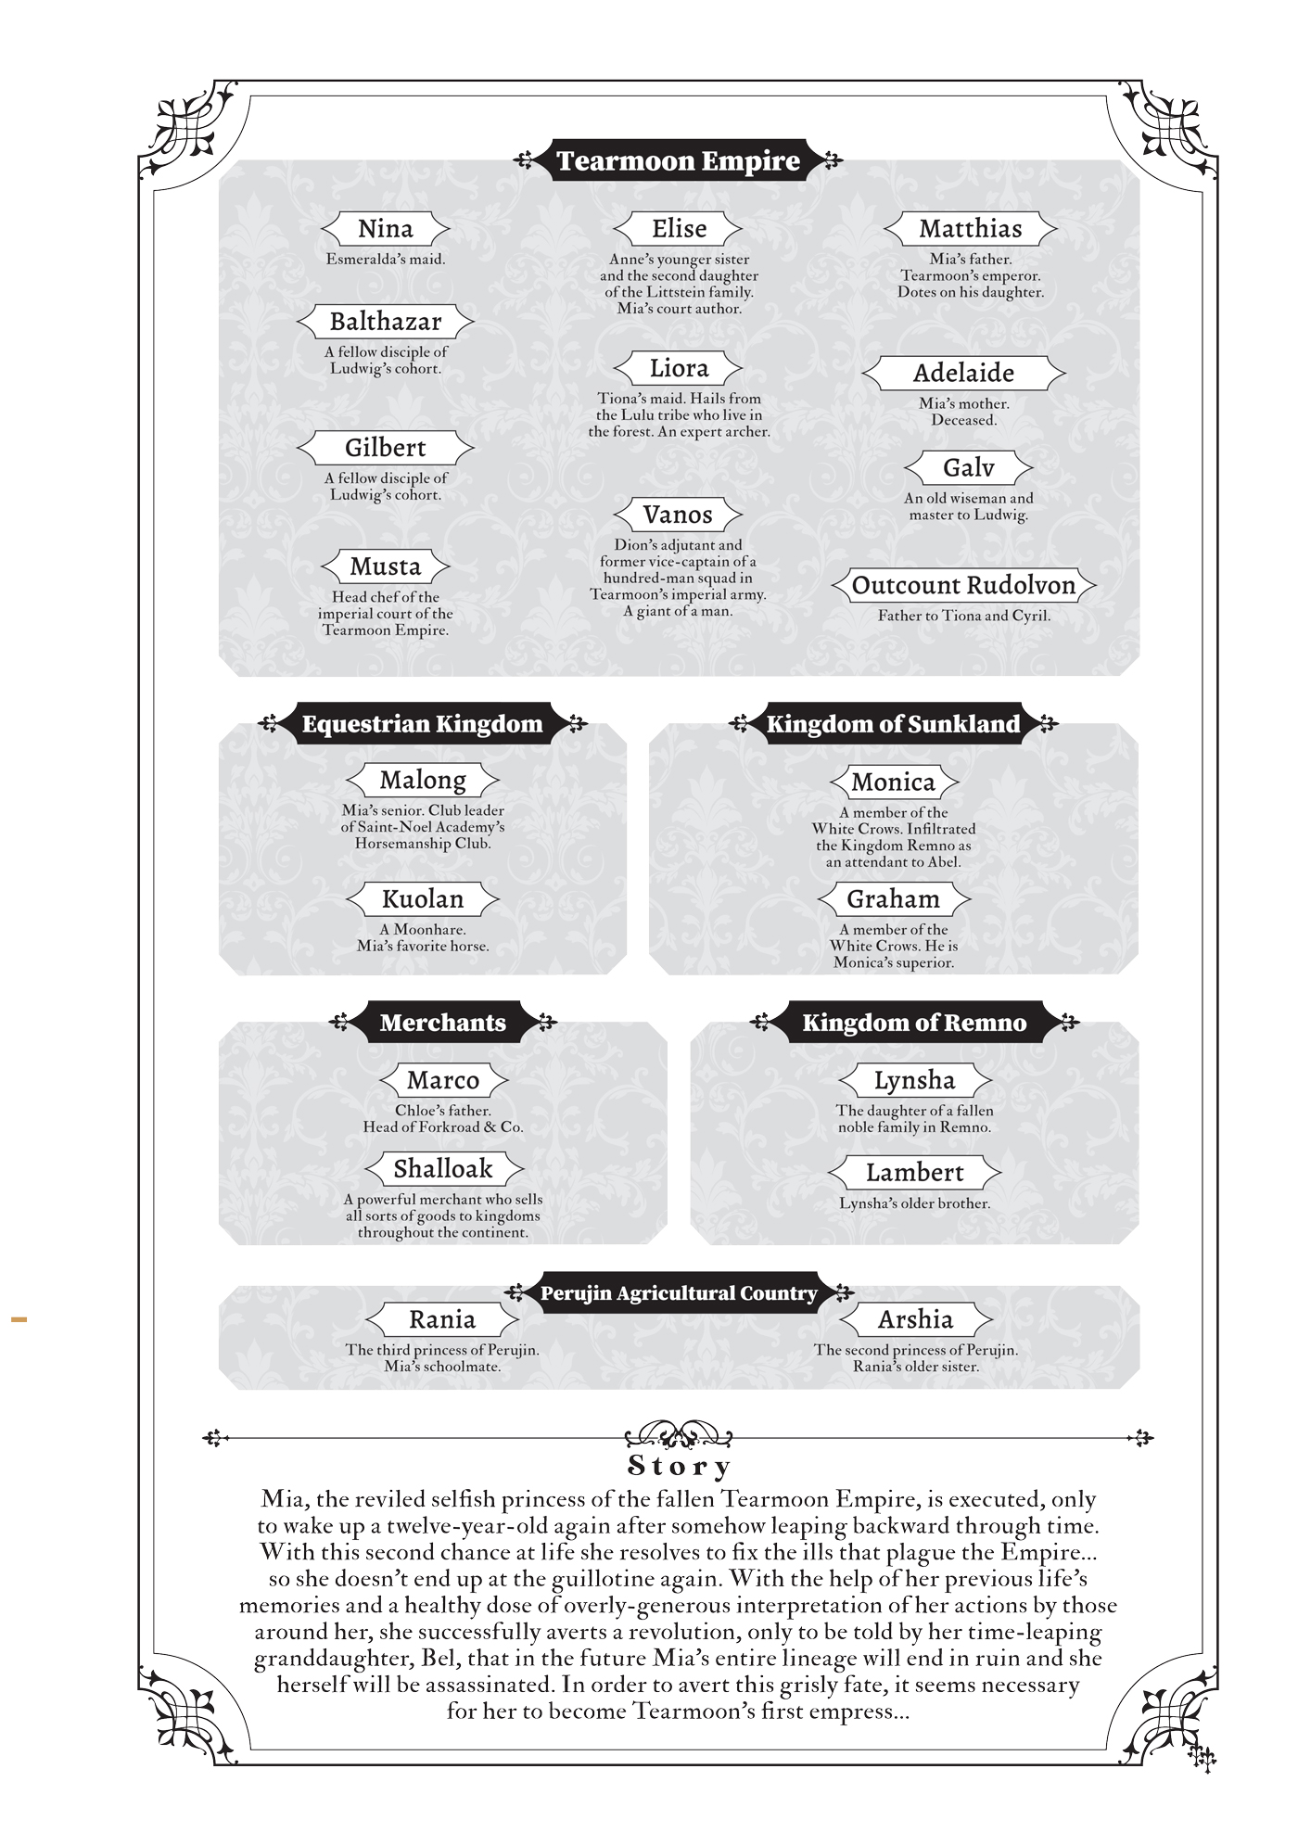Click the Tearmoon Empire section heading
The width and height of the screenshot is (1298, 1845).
pos(678,161)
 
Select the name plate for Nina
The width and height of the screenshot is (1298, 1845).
pos(386,229)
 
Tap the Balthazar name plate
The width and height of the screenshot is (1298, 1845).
pos(386,322)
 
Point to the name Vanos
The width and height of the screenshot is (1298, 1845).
pos(678,515)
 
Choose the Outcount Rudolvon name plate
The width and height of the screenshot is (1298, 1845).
pos(963,586)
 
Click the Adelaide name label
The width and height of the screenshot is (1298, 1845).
pos(963,374)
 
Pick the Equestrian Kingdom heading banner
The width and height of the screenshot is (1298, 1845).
pos(422,724)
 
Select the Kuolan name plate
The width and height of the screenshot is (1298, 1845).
pos(422,898)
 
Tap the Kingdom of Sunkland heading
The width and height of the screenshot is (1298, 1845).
pos(893,724)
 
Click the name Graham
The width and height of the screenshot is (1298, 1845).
pos(893,898)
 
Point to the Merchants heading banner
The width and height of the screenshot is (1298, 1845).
pos(442,1023)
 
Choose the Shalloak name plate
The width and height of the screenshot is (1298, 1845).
pos(442,1169)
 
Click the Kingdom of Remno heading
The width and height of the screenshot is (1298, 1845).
pos(914,1023)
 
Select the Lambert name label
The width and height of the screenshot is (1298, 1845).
pos(914,1173)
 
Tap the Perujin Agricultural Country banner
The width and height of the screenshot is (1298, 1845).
pos(679,1293)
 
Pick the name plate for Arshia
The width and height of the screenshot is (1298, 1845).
pos(915,1319)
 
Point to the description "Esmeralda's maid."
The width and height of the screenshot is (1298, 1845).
pos(386,260)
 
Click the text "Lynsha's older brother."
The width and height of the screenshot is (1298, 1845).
pos(914,1203)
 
